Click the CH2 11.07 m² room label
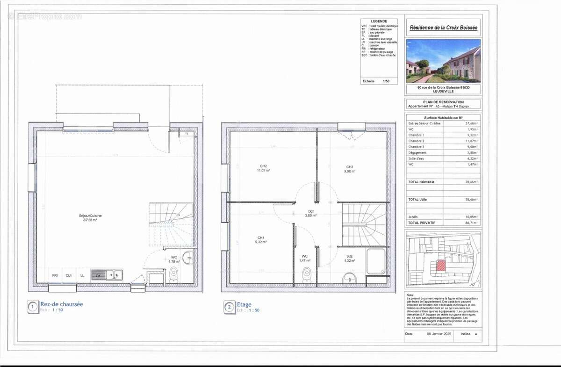pos(263,168)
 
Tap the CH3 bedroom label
pos(349,169)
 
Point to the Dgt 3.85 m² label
pos(310,213)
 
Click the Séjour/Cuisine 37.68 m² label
pos(90,217)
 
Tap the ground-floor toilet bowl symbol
pos(173,276)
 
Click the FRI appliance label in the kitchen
pos(55,275)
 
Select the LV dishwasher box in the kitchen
pos(98,275)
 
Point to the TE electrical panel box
pos(187,134)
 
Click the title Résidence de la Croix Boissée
pos(443,28)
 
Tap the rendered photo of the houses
pos(443,61)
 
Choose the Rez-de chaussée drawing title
pos(62,304)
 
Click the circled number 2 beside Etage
pos(229,307)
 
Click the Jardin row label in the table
pos(414,217)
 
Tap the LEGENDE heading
pos(379,22)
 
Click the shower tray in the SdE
pos(376,261)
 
